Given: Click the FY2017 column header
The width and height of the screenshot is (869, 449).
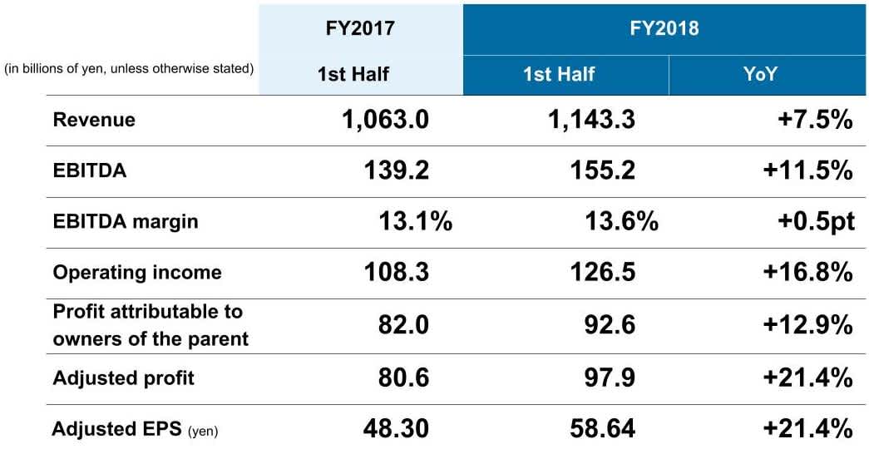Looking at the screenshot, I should pyautogui.click(x=359, y=28).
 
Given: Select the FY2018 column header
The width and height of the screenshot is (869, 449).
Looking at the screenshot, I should pyautogui.click(x=663, y=28).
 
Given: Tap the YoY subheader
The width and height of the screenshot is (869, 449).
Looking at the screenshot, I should pyautogui.click(x=760, y=74).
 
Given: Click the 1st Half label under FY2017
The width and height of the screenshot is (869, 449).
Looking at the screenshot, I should pyautogui.click(x=353, y=75).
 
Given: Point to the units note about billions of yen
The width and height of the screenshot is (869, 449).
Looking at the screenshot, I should pyautogui.click(x=130, y=69).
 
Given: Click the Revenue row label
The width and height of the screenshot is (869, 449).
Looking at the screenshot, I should pyautogui.click(x=94, y=120).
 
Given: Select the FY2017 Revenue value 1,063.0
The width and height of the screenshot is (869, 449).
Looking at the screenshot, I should pyautogui.click(x=385, y=120).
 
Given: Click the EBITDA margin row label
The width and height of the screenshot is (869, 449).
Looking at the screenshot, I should pyautogui.click(x=126, y=222).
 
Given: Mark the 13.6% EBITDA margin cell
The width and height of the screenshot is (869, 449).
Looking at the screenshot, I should pyautogui.click(x=621, y=222).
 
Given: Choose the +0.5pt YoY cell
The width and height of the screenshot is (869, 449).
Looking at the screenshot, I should pyautogui.click(x=807, y=222).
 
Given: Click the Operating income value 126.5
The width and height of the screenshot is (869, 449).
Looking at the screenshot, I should pyautogui.click(x=603, y=273).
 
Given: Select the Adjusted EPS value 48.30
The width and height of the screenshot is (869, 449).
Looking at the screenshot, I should pyautogui.click(x=396, y=429).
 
